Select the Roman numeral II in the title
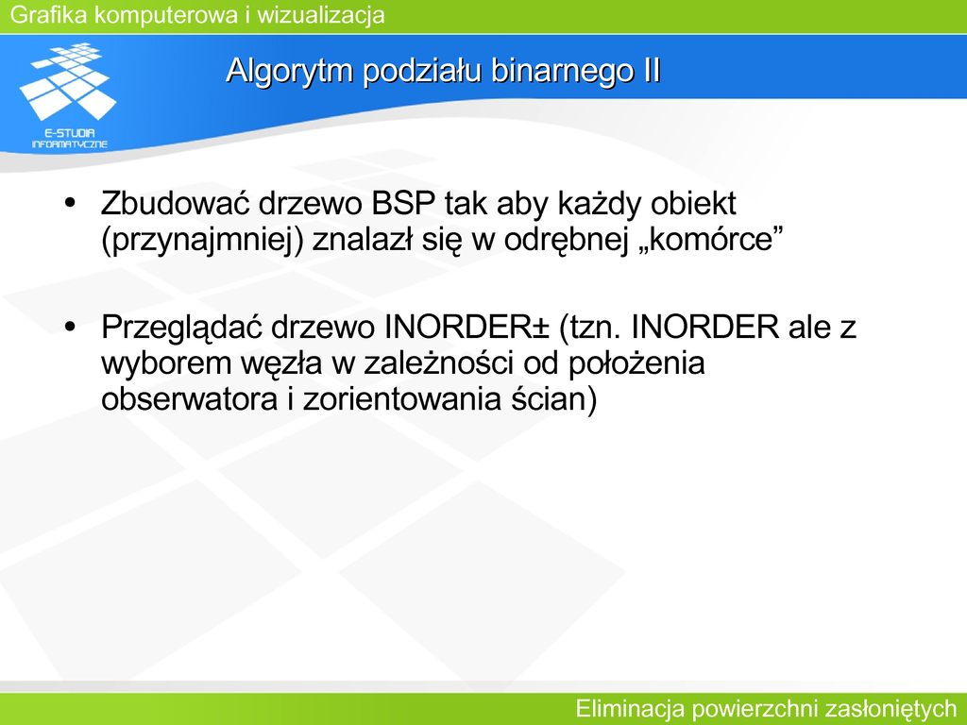point(652,70)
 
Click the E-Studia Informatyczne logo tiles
point(68,81)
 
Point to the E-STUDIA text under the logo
point(70,132)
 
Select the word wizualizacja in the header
point(321,15)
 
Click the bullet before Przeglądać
point(70,326)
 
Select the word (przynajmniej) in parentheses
point(202,240)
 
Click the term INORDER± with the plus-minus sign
point(467,326)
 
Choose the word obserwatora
point(189,399)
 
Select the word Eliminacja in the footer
point(630,708)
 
